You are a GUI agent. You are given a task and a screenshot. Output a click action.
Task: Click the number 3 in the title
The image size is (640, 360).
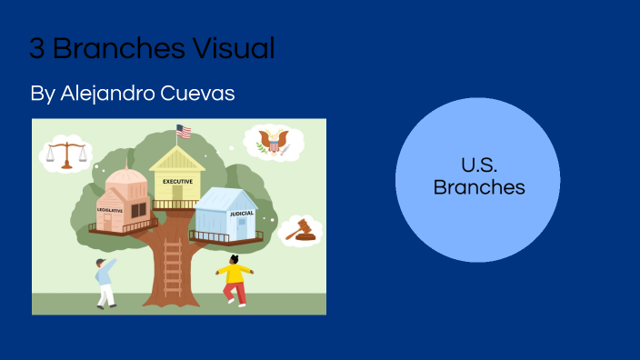pyautogui.click(x=36, y=48)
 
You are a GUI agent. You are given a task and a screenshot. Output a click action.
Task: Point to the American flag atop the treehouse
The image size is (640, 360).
pyautogui.click(x=184, y=132)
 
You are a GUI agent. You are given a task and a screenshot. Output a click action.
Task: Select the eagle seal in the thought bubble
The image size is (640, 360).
pyautogui.click(x=273, y=143)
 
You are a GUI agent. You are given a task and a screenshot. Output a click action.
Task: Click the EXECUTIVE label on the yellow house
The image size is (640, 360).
pyautogui.click(x=177, y=181)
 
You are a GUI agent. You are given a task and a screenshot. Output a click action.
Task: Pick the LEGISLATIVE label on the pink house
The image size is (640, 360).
pyautogui.click(x=110, y=210)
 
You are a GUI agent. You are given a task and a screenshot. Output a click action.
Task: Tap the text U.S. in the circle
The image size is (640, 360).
pyautogui.click(x=478, y=167)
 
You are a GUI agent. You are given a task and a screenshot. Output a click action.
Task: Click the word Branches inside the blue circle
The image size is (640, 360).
pyautogui.click(x=478, y=188)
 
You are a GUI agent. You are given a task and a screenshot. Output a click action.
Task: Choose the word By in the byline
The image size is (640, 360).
pyautogui.click(x=42, y=94)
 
